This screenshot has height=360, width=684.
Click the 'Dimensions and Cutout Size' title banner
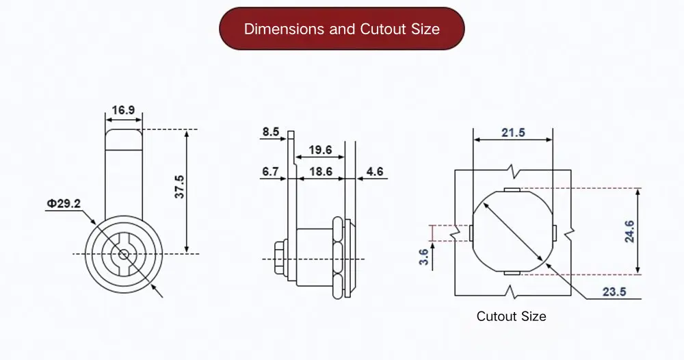[x=341, y=29]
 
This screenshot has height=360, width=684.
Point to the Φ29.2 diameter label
[x=64, y=203]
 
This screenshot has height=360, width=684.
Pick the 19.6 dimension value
[x=319, y=150]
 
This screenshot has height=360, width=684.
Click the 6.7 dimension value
[x=270, y=172]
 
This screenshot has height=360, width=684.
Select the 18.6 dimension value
[x=319, y=172]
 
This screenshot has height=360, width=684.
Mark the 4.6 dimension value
[x=376, y=172]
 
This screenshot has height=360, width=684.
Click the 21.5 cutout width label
[x=512, y=132]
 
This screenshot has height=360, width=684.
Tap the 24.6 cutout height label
[x=630, y=231]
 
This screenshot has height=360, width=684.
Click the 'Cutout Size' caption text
[x=511, y=316]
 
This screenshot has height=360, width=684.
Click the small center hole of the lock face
[x=122, y=254]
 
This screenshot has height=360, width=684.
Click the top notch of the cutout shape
[x=512, y=190]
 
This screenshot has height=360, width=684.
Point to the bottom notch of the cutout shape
[x=512, y=273]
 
